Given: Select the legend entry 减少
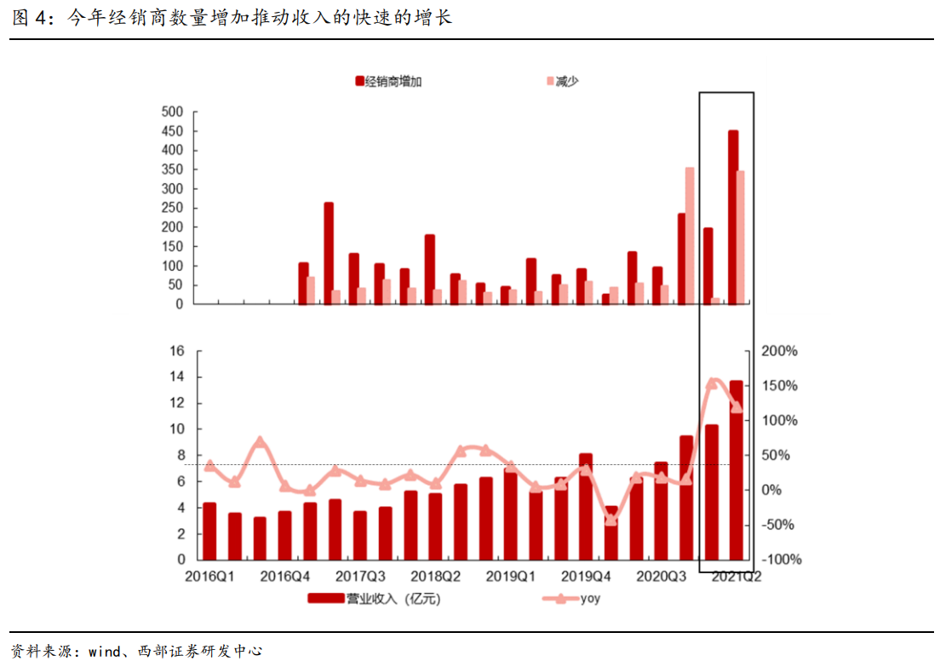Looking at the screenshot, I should pos(566,81).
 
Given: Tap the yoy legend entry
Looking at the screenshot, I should pos(590,599).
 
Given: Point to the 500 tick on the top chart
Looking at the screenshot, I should pos(173,112).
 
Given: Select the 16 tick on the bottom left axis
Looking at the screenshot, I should pos(178,351).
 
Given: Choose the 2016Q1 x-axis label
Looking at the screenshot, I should pos(210,577).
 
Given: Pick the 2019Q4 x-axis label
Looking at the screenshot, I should pos(587,577).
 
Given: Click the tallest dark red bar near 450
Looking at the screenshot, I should pos(733,217).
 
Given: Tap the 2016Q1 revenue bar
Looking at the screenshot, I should pos(209,532).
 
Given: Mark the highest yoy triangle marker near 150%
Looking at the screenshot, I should pos(712,383).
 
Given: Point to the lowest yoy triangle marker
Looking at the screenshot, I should pos(610,520).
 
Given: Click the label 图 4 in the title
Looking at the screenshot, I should pos(29,18).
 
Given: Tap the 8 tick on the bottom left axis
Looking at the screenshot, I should pos(181,456).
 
